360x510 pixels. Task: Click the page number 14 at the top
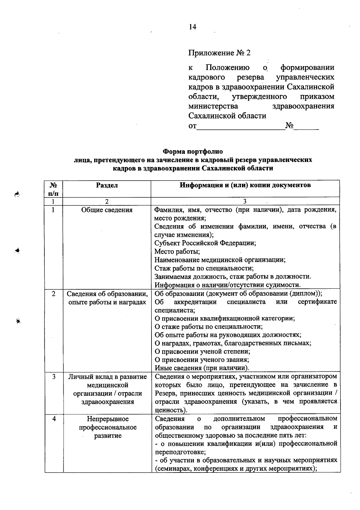pos(192,27)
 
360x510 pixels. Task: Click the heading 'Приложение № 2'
pos(219,53)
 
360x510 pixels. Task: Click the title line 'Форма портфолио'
pos(193,151)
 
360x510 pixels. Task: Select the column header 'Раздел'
pos(107,185)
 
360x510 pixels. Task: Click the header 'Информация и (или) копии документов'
pos(245,185)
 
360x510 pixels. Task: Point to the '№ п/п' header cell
pos(54,189)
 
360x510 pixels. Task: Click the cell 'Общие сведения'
pos(107,210)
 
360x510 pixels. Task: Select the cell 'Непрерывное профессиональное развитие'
pos(108,427)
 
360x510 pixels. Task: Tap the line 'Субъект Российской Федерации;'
pos(205,243)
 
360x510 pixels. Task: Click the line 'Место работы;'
pos(177,251)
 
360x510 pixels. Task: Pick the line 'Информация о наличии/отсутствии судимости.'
pos(227,285)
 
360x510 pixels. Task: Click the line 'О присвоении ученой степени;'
pos(202,351)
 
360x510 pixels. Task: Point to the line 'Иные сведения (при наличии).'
pos(202,368)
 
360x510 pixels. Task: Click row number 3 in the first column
pos(54,377)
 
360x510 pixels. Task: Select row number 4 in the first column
pos(54,419)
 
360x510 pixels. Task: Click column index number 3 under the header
pos(245,201)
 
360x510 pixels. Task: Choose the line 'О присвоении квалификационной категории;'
pos(224,318)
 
